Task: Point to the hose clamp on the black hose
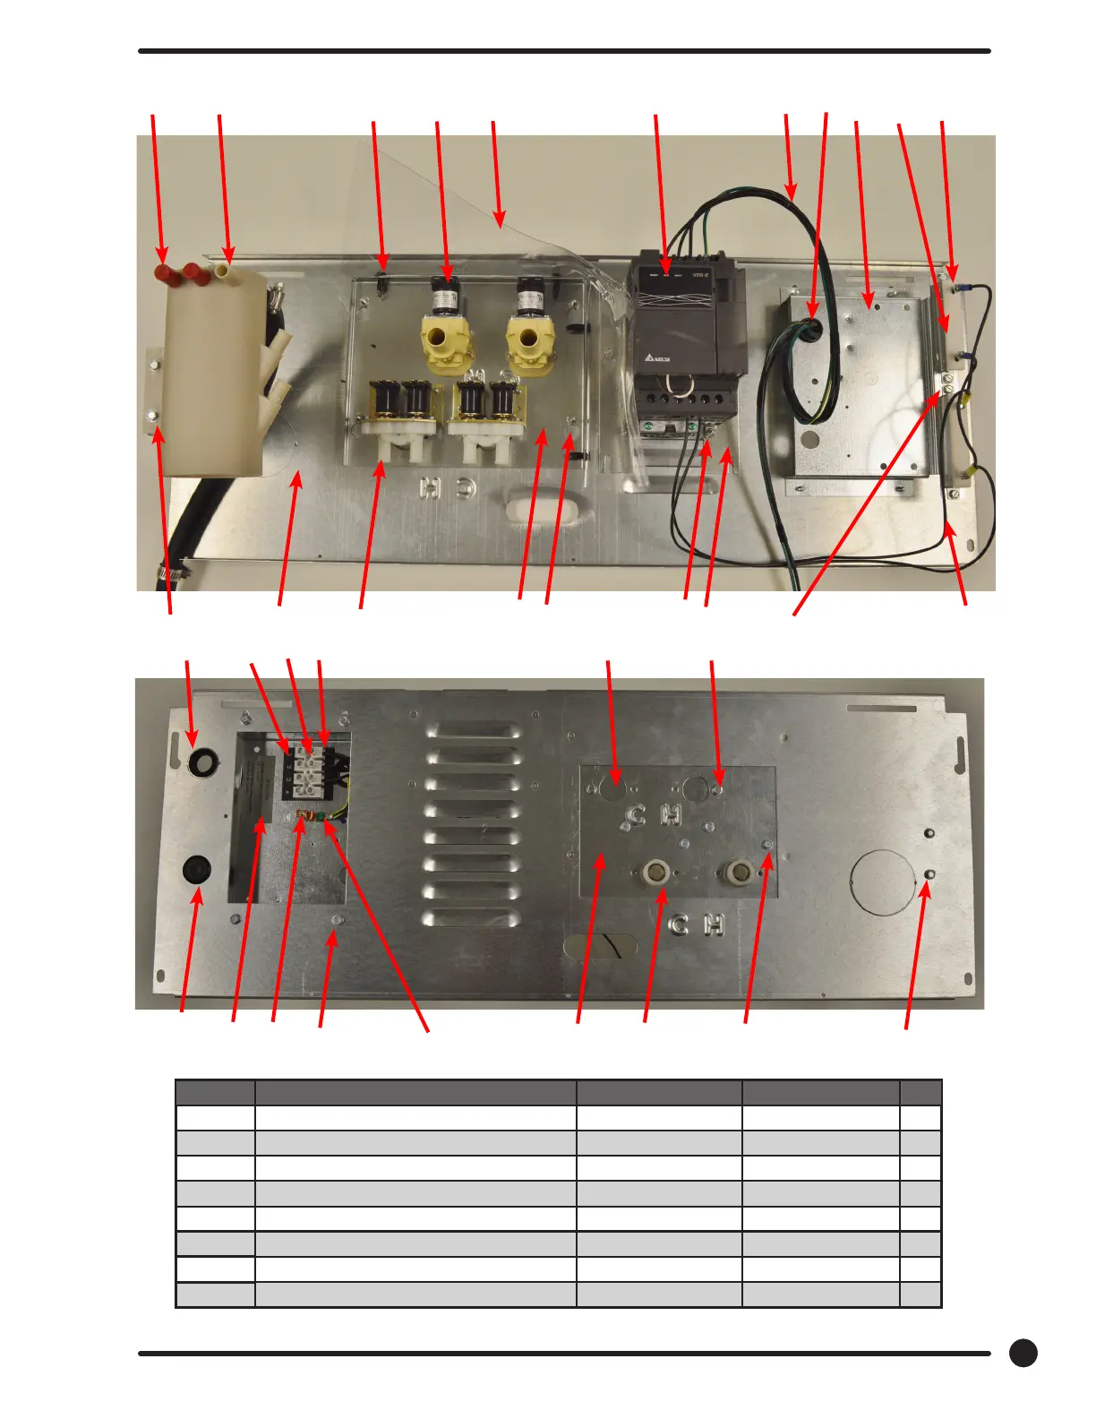click(170, 571)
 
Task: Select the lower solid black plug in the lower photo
click(196, 870)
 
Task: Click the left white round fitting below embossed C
click(655, 873)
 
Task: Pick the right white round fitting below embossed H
click(741, 872)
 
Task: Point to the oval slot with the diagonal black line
click(600, 946)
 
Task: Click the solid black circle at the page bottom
click(1023, 1353)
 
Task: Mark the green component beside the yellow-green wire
click(321, 816)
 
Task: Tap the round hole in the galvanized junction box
click(810, 440)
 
